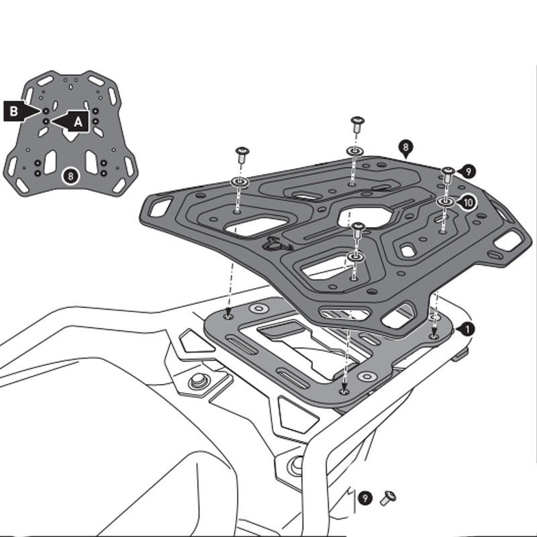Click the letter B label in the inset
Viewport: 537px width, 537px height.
click(13, 111)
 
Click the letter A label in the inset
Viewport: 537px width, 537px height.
click(78, 121)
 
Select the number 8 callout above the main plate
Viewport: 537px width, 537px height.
click(405, 146)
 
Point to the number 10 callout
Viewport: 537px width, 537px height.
click(468, 201)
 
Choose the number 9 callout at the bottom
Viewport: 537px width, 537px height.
click(364, 498)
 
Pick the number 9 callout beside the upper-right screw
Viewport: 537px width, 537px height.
click(468, 172)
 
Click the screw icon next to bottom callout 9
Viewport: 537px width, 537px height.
click(388, 497)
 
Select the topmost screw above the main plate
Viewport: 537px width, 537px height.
click(356, 123)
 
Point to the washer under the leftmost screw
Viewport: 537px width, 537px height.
click(240, 182)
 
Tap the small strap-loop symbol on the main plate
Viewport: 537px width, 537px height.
click(273, 244)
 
